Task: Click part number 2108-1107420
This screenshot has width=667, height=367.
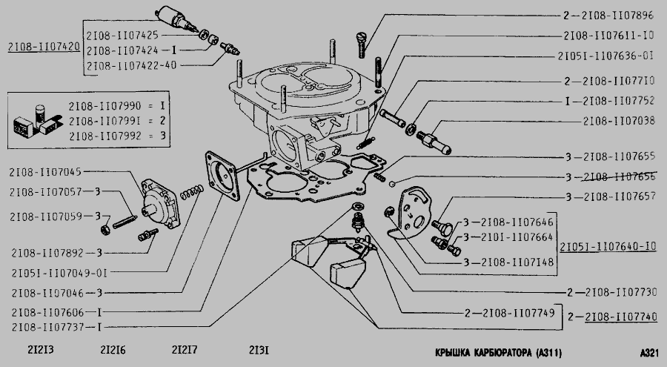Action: click(x=44, y=46)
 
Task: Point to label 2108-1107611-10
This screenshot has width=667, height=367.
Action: click(x=608, y=35)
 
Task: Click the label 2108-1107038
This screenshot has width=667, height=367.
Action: click(x=618, y=119)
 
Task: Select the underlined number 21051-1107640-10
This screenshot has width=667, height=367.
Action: click(x=608, y=246)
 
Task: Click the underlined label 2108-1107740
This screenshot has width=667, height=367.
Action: click(x=620, y=316)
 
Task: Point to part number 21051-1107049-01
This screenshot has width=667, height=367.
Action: click(x=49, y=273)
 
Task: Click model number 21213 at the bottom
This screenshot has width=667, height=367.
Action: click(x=26, y=350)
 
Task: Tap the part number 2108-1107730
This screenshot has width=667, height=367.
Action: click(x=619, y=291)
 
